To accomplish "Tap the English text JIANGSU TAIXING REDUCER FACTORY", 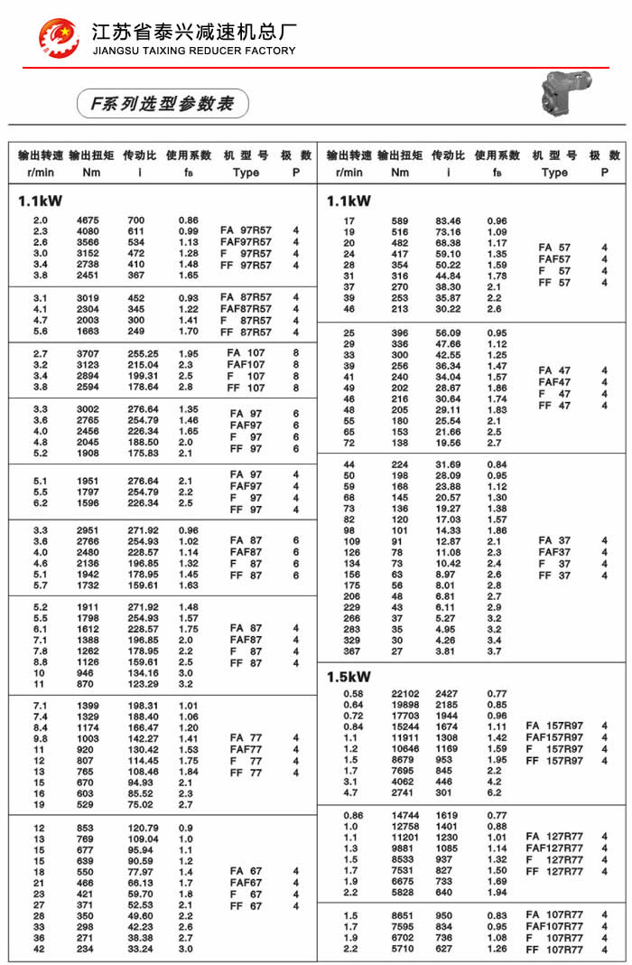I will tap(194, 51).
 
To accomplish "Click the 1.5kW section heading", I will tap(349, 676).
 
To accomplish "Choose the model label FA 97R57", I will tap(246, 230).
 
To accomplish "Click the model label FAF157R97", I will tap(554, 737).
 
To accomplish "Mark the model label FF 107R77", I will tap(554, 950).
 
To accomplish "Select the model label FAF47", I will tap(554, 382).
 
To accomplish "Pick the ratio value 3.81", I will tap(448, 651).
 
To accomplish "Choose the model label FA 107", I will tap(246, 352).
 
